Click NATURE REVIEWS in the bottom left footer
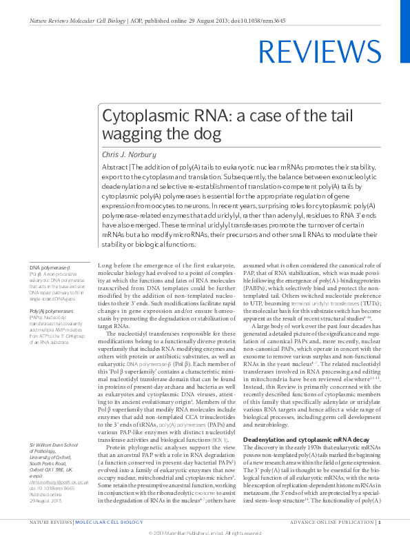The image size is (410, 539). click(x=50, y=523)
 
